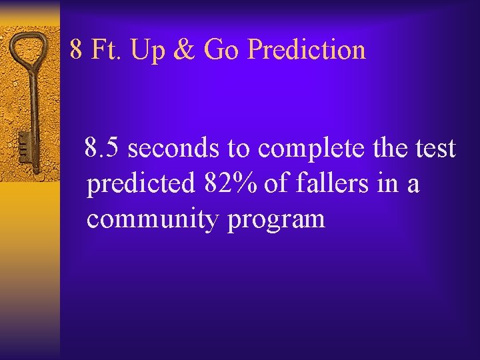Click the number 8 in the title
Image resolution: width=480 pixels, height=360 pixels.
[77, 50]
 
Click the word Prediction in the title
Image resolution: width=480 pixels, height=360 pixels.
[306, 50]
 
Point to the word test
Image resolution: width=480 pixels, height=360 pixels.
[434, 149]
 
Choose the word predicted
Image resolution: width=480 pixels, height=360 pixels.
[139, 184]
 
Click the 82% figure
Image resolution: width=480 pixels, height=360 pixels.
[228, 183]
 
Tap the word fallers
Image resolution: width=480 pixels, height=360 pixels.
[328, 183]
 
